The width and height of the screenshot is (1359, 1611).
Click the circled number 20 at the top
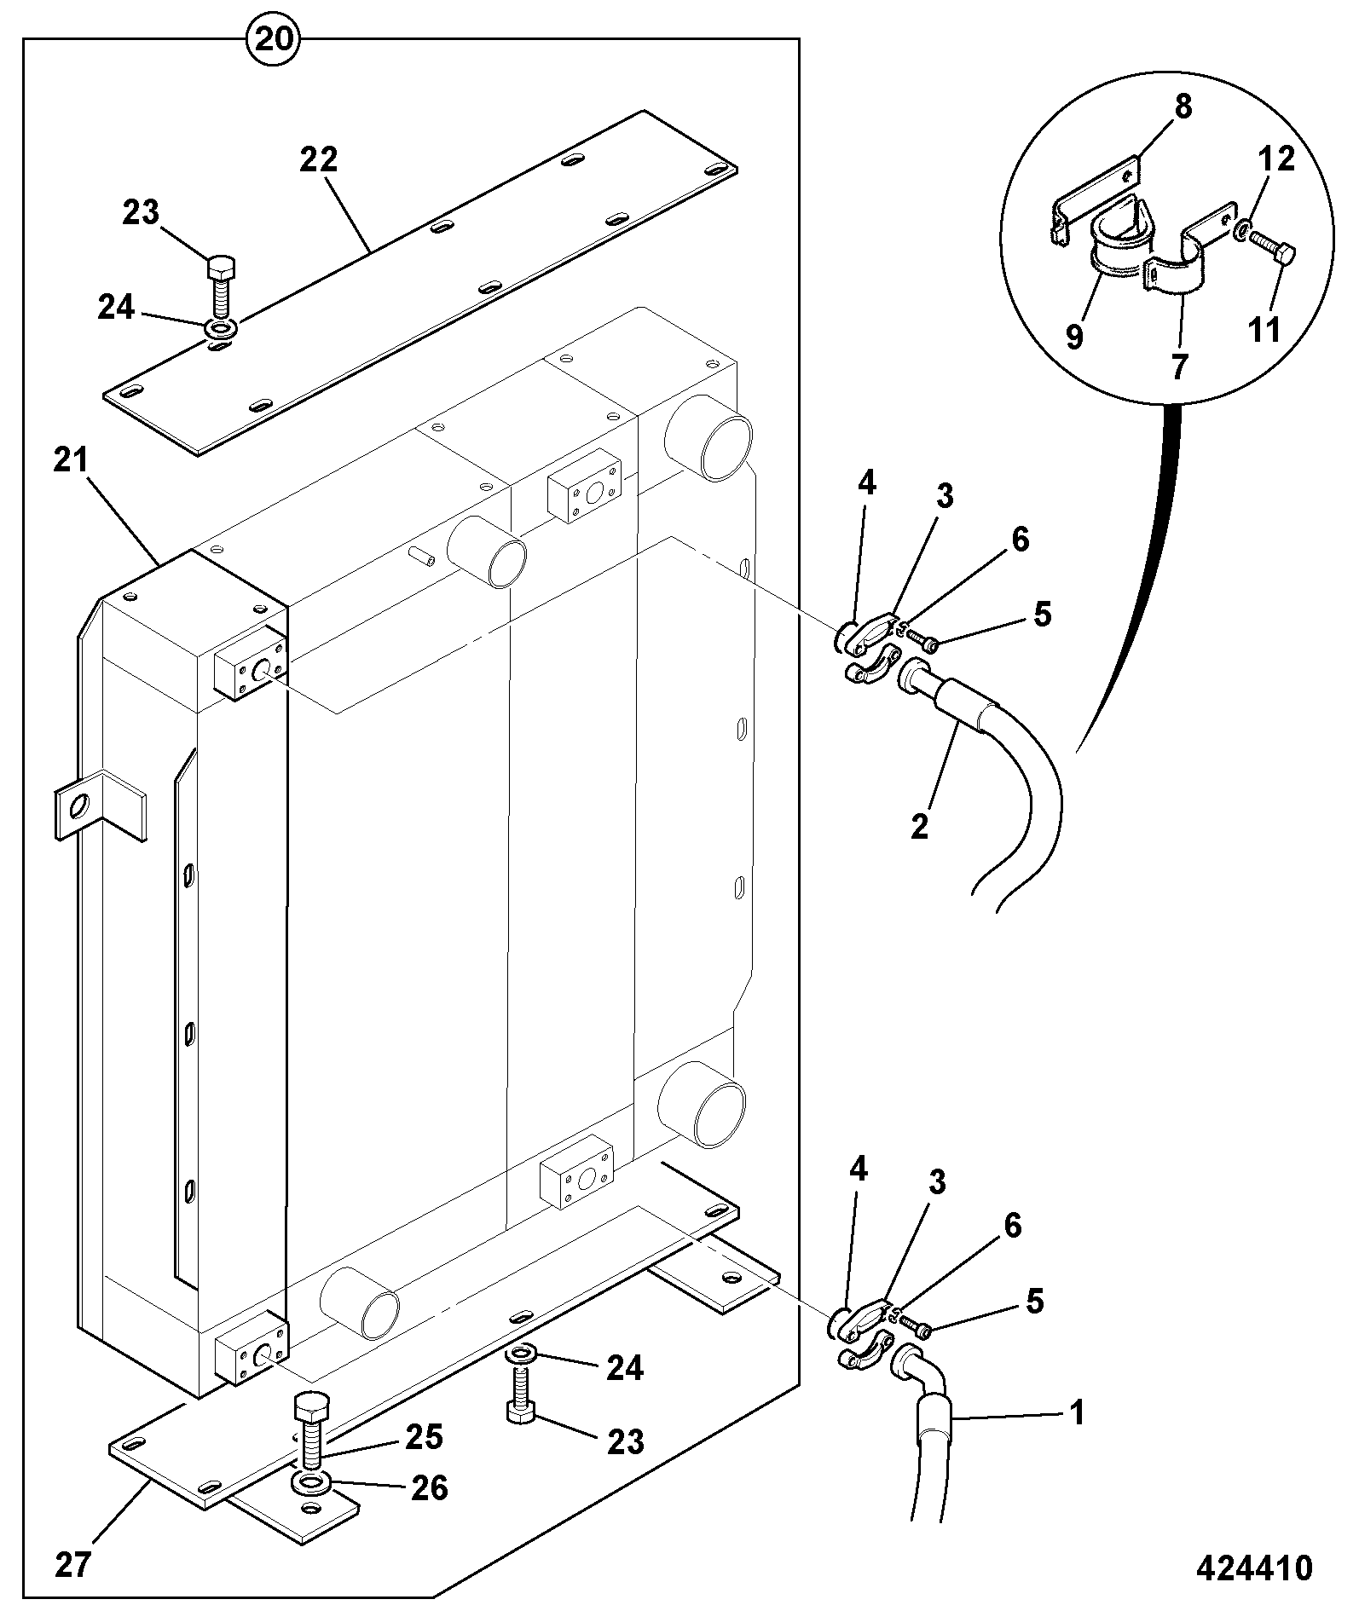[x=273, y=40]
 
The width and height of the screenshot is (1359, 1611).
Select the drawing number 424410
[x=1254, y=1568]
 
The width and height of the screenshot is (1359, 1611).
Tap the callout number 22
[x=319, y=159]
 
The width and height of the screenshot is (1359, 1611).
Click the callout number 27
[x=73, y=1565]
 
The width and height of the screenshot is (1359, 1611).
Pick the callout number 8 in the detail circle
[x=1183, y=107]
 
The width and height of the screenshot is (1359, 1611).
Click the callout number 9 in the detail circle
[x=1074, y=336]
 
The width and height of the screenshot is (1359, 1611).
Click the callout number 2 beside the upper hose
[x=919, y=826]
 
